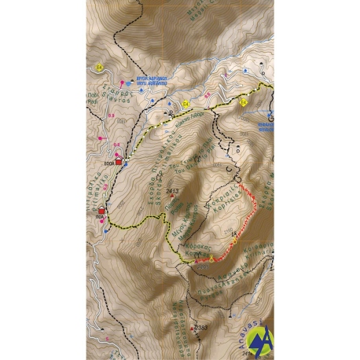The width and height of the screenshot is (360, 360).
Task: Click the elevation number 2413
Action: [174, 191]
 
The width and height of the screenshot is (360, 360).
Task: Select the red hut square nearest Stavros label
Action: [119, 162]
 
